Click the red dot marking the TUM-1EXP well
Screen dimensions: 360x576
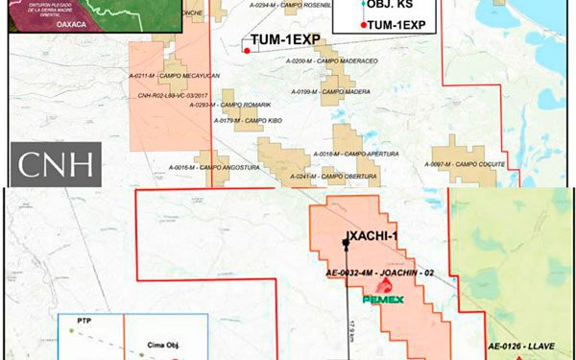coord(246,50)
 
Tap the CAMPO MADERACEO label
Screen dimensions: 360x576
coord(321,60)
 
